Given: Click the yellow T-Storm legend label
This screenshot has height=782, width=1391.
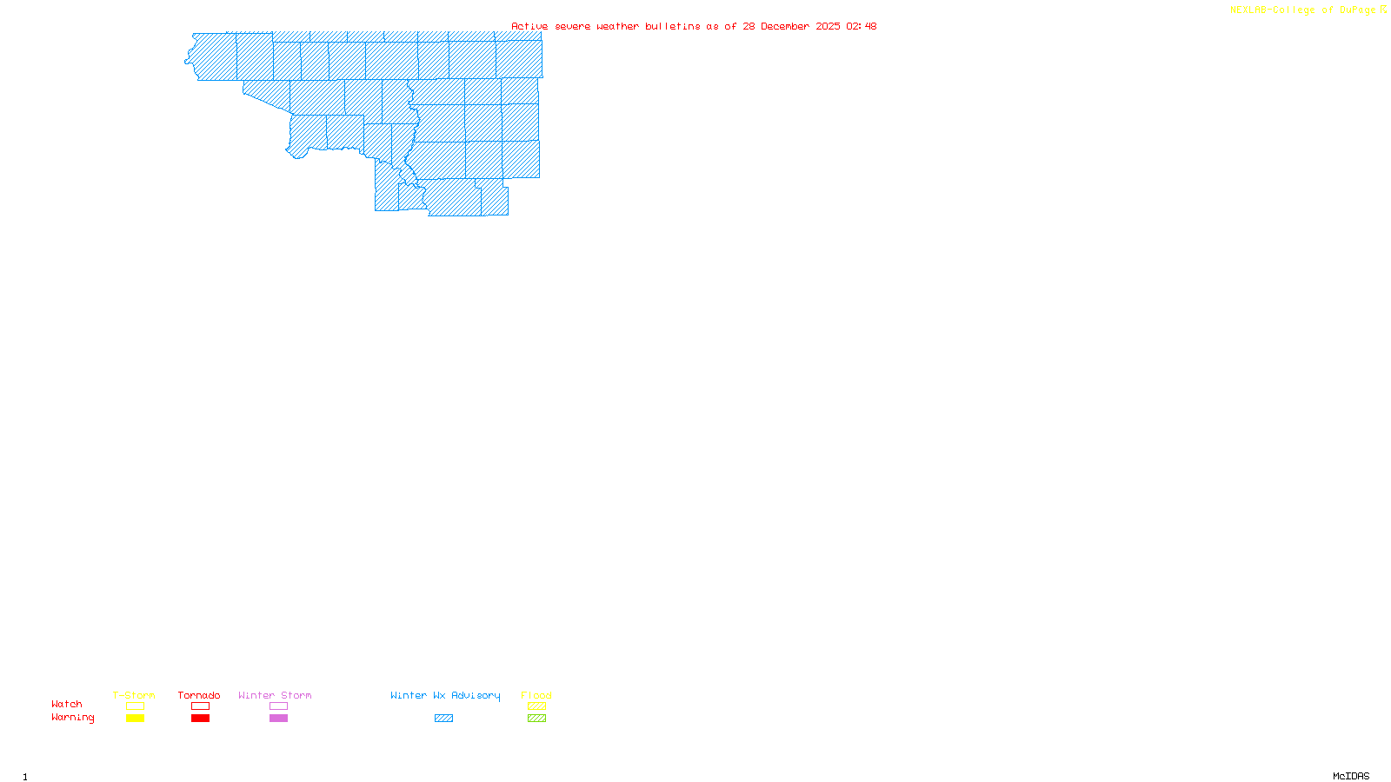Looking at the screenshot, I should pos(134,695).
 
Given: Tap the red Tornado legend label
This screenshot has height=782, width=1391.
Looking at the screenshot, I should pos(199,695).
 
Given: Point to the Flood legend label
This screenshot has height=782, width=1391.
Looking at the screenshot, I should pos(536,695).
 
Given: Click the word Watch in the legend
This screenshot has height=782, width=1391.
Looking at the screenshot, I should pos(67,704).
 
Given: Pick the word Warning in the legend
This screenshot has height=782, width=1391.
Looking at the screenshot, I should pos(73,718).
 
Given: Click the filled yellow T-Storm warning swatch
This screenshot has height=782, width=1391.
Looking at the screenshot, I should pos(135,719).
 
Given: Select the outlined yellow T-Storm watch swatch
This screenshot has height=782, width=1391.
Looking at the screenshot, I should pos(135,706).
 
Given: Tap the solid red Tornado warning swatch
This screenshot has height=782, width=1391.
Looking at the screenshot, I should pos(200,719).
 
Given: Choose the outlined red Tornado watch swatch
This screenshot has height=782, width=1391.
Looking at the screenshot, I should pos(200,706).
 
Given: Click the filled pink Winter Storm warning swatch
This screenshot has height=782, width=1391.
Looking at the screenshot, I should pos(278,719).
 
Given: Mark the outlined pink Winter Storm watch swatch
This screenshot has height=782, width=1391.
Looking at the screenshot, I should pos(278,706).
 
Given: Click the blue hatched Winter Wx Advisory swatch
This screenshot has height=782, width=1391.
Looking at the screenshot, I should pos(443,719).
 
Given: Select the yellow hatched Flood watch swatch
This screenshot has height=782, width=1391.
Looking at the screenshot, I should pos(536,706).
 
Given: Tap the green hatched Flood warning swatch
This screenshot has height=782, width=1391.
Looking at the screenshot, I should pos(536,719).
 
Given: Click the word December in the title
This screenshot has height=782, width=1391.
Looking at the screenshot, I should pos(785,26).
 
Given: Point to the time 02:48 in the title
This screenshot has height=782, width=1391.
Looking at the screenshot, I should pos(862,26).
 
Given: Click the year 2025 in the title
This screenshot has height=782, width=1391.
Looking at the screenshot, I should pos(829,26).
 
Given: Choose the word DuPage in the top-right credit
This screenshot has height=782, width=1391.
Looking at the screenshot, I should pos(1357,10).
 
